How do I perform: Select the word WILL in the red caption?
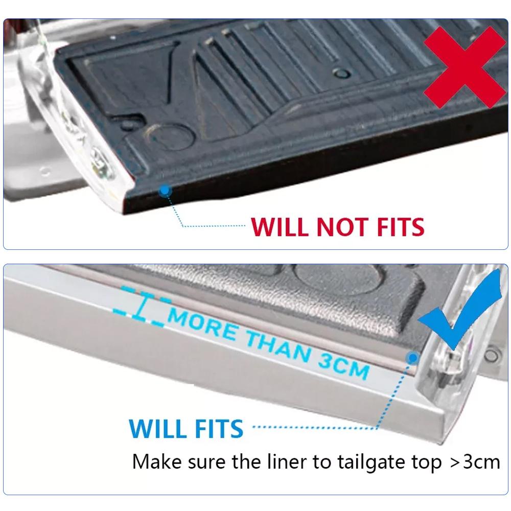pyautogui.click(x=281, y=226)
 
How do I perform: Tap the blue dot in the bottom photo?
pyautogui.click(x=411, y=358)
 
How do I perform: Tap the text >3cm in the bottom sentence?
pyautogui.click(x=475, y=462)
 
